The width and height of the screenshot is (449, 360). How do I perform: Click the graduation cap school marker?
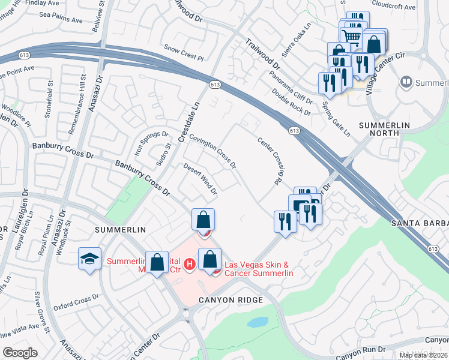[89, 259]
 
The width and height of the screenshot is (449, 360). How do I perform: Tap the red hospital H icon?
[190, 263]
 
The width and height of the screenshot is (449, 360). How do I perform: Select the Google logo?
[20, 353]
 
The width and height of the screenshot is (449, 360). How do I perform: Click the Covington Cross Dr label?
[212, 150]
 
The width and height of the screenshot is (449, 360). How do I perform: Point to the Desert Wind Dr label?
[200, 179]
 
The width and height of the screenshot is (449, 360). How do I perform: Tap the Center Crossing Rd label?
[270, 161]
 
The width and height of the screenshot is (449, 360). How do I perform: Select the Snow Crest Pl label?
[184, 52]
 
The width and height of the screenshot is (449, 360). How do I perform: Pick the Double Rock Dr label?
[291, 101]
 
